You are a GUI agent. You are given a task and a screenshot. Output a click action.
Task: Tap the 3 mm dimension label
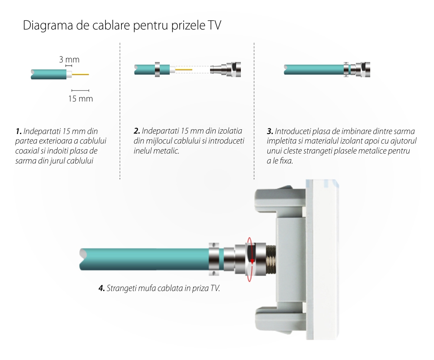click(x=69, y=59)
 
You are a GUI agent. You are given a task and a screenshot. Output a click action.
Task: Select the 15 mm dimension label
click(x=81, y=99)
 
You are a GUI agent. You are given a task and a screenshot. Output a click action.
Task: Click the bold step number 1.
click(x=19, y=131)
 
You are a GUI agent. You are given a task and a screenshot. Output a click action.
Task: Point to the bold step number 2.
click(x=137, y=131)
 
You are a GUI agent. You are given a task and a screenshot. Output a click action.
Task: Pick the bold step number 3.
click(x=270, y=131)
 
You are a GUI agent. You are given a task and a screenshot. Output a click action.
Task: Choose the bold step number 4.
click(x=102, y=288)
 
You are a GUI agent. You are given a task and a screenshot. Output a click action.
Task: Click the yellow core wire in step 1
click(x=81, y=74)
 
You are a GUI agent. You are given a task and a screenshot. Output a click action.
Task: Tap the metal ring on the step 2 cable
click(x=157, y=69)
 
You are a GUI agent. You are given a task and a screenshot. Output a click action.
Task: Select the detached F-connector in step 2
click(x=225, y=69)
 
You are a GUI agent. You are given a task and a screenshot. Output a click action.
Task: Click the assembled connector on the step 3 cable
click(x=357, y=69)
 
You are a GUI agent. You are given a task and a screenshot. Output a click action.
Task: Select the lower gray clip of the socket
click(x=280, y=318)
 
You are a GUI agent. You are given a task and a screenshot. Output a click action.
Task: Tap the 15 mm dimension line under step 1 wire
click(x=80, y=91)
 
